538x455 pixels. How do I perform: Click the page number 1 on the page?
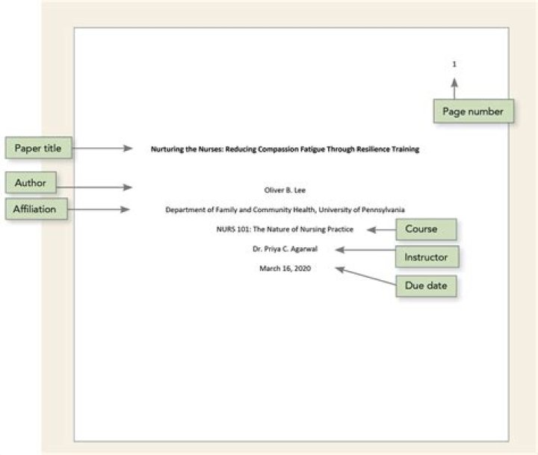454,64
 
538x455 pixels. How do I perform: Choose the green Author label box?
30,183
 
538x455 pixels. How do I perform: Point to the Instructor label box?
426,257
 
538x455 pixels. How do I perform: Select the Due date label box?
426,285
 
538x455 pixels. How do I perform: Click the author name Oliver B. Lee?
285,190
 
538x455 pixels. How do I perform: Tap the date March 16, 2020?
285,267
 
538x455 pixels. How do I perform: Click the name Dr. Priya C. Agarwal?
285,248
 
